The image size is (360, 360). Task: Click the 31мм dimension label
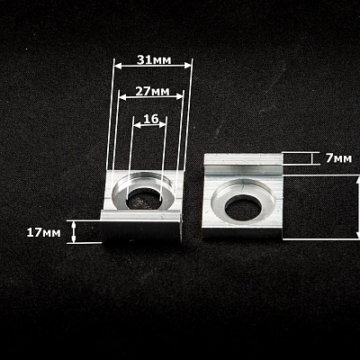(154, 60)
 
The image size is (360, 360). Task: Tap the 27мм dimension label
(152, 91)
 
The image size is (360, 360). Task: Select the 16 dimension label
(150, 119)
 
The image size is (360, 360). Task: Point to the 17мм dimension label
(43, 232)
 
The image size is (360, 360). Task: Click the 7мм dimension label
(338, 158)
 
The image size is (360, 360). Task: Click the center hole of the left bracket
(145, 199)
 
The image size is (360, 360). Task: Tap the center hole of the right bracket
(243, 208)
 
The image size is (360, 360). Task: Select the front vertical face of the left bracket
(141, 230)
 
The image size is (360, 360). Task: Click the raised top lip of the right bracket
(243, 159)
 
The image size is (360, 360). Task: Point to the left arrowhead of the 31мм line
(118, 66)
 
